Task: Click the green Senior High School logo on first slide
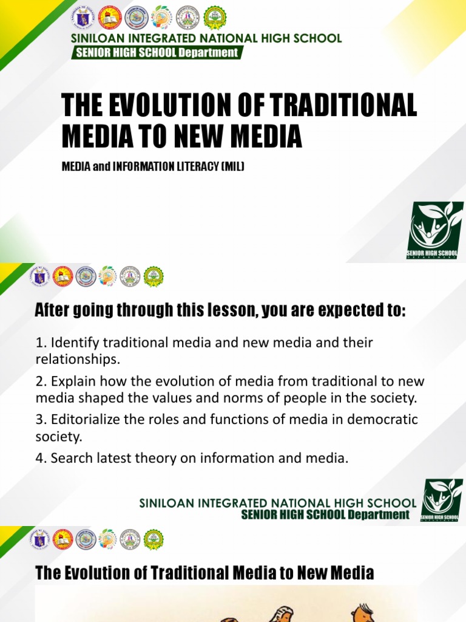tap(435, 231)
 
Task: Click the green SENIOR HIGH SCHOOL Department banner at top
tap(157, 53)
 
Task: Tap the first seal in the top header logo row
tap(83, 17)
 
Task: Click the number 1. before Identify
tap(41, 343)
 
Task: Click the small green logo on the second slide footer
tap(442, 501)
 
